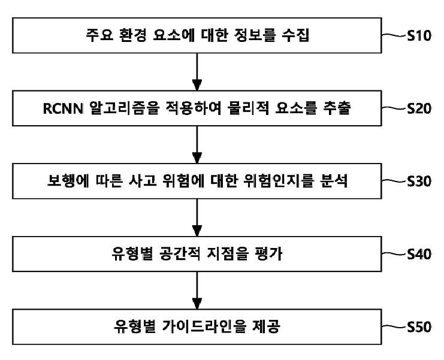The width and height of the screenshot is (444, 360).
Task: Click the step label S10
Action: (x=419, y=36)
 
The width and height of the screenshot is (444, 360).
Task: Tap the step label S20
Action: (x=419, y=108)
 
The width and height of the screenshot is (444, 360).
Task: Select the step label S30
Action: (x=419, y=181)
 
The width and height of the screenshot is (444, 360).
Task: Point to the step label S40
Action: (x=419, y=254)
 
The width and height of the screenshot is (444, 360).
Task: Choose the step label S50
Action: (x=419, y=327)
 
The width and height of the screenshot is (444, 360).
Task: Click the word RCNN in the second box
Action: (x=63, y=108)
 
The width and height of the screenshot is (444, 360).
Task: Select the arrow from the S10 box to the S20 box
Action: (x=197, y=72)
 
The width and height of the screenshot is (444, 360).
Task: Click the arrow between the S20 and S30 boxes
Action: (x=197, y=144)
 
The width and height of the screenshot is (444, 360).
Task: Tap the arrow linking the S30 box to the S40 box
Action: (x=197, y=217)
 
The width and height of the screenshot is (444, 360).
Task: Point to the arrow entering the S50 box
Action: (x=197, y=290)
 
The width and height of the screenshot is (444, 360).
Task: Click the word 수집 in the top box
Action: (x=295, y=35)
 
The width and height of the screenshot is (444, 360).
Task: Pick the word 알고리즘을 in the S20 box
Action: (x=124, y=108)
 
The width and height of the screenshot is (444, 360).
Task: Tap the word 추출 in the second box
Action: (x=337, y=108)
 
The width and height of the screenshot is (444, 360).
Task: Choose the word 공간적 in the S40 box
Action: (x=180, y=254)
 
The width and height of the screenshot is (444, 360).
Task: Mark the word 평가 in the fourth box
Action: (x=268, y=254)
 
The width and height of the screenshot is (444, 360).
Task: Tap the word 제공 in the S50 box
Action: (x=266, y=326)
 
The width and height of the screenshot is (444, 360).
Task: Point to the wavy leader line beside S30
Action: (x=394, y=181)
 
